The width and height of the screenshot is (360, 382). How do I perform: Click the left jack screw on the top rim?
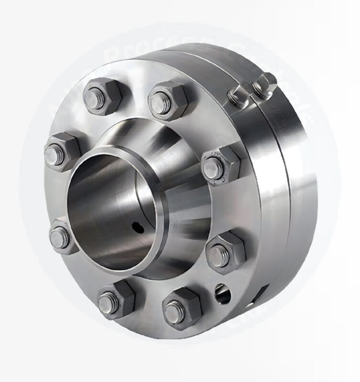(238, 95)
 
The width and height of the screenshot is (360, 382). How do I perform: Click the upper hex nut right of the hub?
(221, 165)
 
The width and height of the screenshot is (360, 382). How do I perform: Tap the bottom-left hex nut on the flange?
(115, 299)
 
